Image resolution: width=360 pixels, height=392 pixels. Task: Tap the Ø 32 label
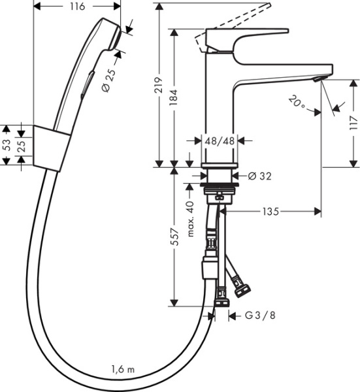pos(260,176)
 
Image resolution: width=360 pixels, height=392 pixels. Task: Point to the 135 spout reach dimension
pos(271,211)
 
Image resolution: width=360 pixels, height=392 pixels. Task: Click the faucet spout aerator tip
pos(318,78)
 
